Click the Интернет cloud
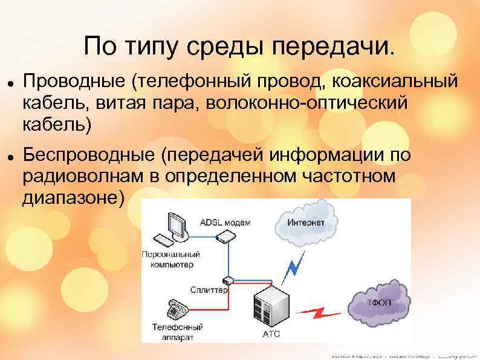(304, 223)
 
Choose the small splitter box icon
(227, 280)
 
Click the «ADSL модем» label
(225, 222)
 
